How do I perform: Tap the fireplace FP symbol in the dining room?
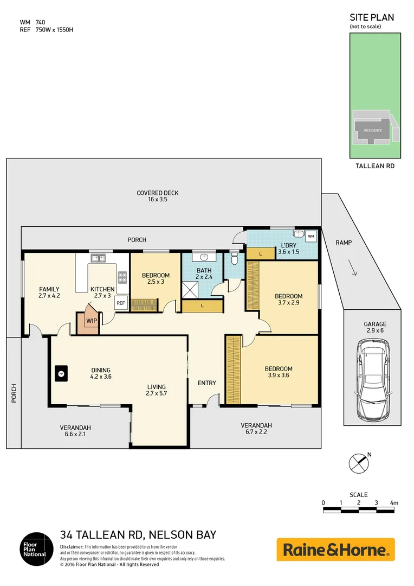61,373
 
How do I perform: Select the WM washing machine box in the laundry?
310,237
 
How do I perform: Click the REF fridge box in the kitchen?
120,303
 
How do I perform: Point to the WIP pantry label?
90,321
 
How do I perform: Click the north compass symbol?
358,463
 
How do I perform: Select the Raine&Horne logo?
336,550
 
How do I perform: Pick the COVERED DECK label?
157,196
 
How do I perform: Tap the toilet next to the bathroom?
234,259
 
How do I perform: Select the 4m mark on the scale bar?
393,503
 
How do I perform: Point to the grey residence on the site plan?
373,130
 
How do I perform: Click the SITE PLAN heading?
371,17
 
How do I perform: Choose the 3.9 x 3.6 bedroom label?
280,372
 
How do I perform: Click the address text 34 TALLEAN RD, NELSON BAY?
138,535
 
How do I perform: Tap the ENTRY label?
206,383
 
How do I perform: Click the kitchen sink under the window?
98,259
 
